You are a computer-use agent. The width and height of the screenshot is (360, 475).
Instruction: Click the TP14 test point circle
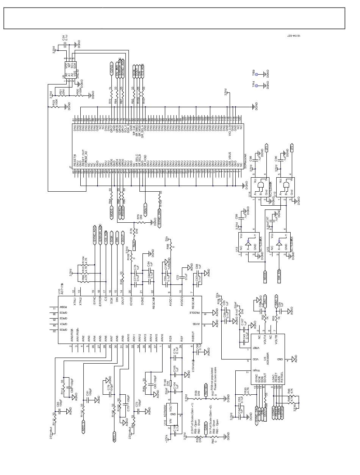point(257,86)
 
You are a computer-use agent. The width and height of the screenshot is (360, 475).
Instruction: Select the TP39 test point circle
point(257,75)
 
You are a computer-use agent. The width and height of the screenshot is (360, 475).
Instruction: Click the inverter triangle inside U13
point(247,241)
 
